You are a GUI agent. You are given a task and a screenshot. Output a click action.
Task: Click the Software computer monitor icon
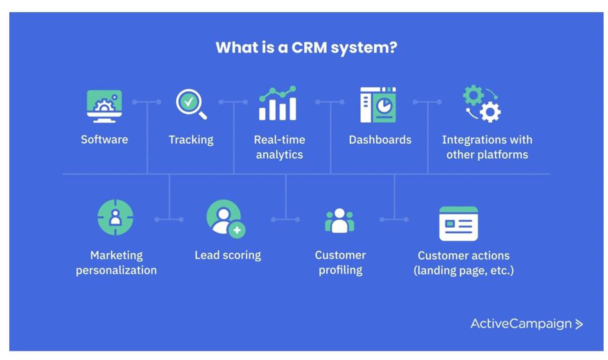coord(104,106)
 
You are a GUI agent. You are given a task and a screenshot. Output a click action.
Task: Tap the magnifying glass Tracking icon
coord(191,104)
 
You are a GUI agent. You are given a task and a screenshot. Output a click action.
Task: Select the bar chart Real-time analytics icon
coord(278,104)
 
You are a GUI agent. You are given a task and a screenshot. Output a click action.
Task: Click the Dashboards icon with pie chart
coord(378,105)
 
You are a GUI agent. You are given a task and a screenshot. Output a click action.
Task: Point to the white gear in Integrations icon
coord(490,112)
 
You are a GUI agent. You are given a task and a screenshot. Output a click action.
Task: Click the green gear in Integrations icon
coord(473,95)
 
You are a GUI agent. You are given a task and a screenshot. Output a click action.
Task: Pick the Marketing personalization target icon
coord(115,218)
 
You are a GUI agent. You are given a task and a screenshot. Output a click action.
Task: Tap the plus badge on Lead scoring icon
coord(237,230)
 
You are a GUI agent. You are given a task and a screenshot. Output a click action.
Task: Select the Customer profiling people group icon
coord(339,221)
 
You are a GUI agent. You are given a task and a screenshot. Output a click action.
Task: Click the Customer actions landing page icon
coord(458,224)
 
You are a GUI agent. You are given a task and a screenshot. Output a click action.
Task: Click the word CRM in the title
coord(309,47)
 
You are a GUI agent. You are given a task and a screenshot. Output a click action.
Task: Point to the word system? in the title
coord(364,48)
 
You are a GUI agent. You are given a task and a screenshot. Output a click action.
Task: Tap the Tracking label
coord(191,140)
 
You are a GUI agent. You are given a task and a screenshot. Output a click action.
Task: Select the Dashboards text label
coord(380,140)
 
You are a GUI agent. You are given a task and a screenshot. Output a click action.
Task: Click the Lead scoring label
coord(228,255)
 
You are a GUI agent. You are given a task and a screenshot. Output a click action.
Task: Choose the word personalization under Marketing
coord(116,270)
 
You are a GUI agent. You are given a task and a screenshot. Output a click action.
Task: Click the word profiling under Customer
coord(340,270)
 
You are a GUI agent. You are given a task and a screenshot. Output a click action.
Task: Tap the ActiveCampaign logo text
coord(521,324)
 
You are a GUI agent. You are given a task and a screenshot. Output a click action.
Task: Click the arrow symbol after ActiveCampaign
coord(579,324)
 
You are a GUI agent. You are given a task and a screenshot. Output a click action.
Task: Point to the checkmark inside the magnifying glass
coord(188,102)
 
